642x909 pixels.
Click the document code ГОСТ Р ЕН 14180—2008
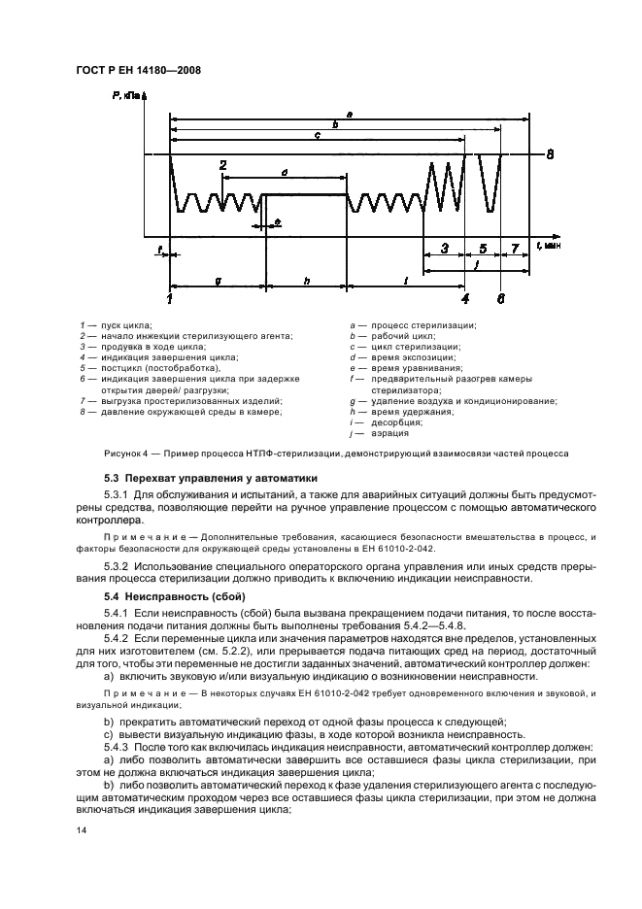tap(137, 70)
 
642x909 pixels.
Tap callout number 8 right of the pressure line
tap(550, 154)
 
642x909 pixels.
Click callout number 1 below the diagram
tap(170, 299)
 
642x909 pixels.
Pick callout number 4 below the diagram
tap(465, 299)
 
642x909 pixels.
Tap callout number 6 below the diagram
tap(501, 299)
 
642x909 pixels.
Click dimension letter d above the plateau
tap(284, 171)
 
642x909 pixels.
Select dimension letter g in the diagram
tap(218, 280)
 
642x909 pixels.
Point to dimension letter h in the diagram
tap(306, 280)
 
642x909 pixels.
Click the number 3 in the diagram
tap(444, 249)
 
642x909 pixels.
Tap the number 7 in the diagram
tap(515, 249)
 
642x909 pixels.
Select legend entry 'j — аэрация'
tap(374, 433)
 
